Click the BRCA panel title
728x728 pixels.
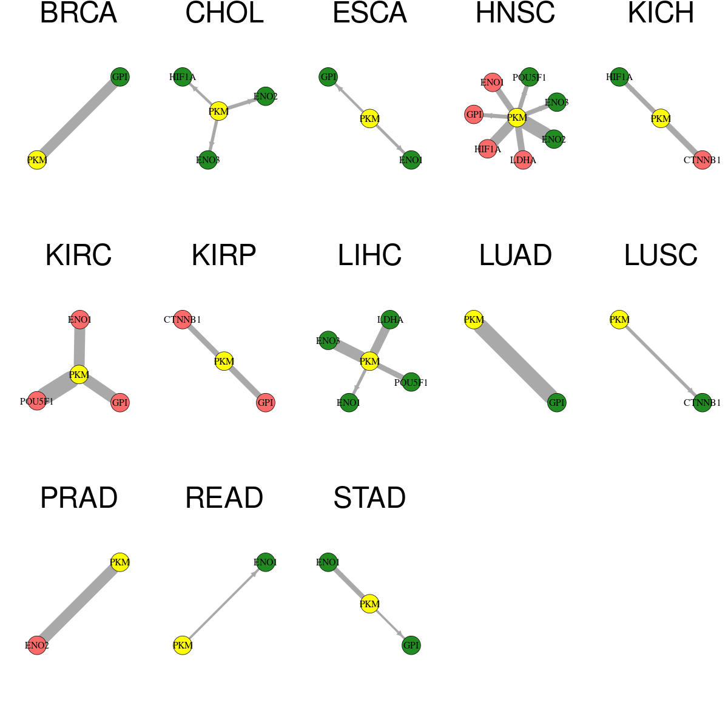tap(79, 13)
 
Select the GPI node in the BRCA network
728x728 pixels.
tap(120, 77)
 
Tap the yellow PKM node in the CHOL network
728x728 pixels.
tap(218, 112)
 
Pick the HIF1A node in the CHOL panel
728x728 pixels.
tap(183, 77)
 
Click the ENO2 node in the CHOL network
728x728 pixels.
tap(266, 96)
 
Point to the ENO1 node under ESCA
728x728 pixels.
tap(411, 160)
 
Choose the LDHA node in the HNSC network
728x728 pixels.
tap(523, 160)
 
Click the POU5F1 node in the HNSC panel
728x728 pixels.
tap(529, 77)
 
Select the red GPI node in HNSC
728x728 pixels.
tap(474, 114)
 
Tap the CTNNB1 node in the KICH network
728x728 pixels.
tap(703, 160)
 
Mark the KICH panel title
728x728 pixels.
tap(661, 13)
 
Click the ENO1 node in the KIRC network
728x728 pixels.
tap(79, 320)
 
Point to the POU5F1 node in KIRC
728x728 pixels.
tap(37, 401)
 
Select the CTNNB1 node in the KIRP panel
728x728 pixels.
tap(183, 320)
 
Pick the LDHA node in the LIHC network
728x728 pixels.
tap(390, 320)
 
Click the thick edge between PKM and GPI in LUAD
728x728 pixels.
tap(515, 361)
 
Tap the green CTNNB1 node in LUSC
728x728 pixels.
tap(703, 403)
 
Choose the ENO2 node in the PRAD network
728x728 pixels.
tap(37, 645)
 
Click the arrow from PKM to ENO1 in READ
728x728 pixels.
tap(224, 604)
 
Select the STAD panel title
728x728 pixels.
tap(369, 498)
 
